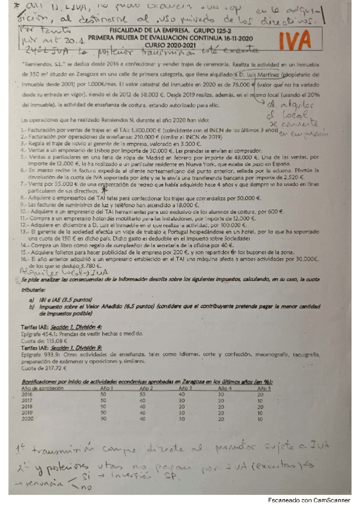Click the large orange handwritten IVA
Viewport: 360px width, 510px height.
click(307, 41)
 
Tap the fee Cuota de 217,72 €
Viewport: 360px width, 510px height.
click(46, 368)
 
